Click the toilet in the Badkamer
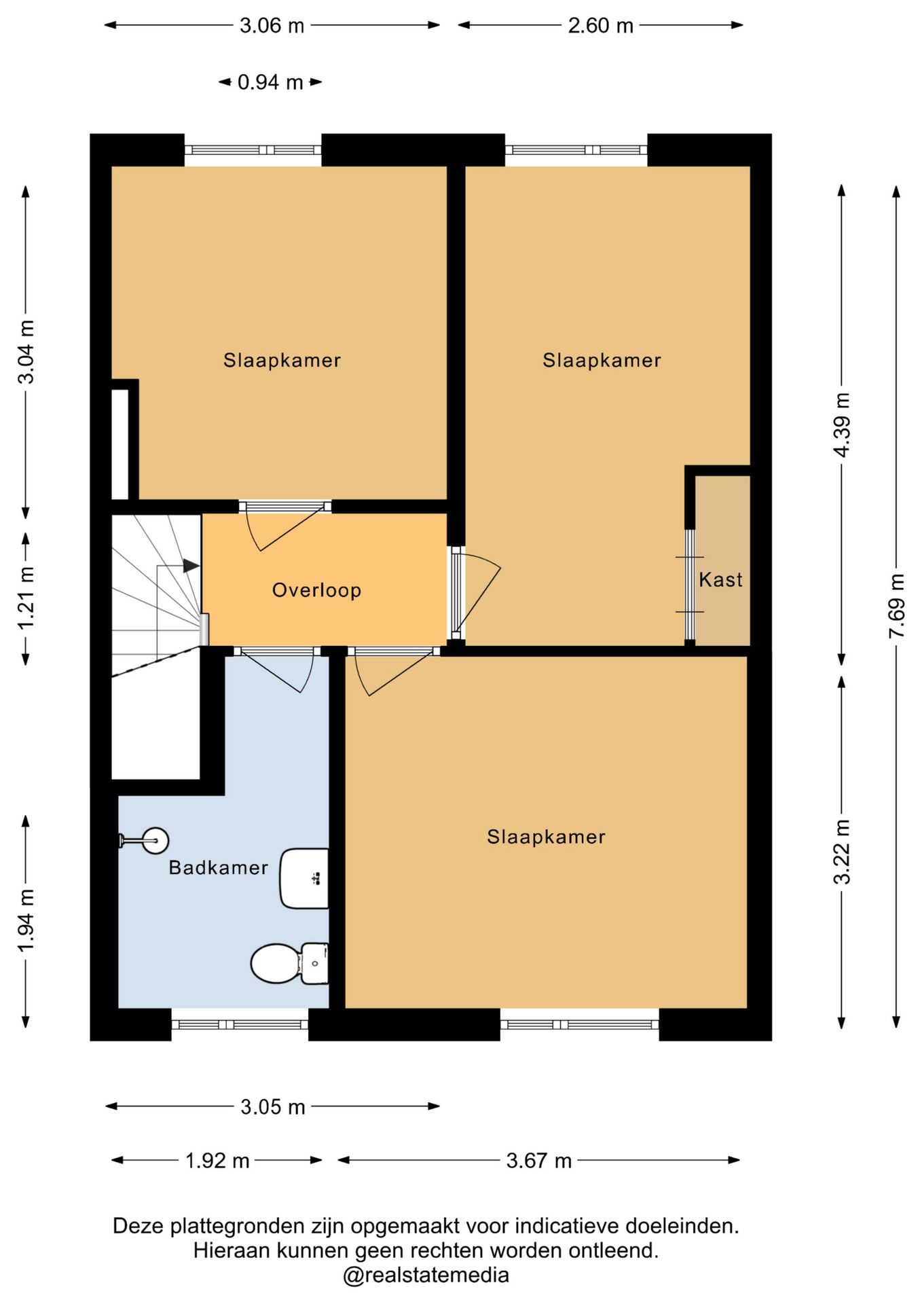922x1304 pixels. [290, 963]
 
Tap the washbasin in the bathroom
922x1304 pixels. [304, 878]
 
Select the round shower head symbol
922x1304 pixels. [155, 841]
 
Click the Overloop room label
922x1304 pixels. [316, 590]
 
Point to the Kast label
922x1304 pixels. [720, 579]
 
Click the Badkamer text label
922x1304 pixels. [218, 867]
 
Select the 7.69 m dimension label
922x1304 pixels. [897, 606]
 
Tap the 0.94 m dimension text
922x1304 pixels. [270, 82]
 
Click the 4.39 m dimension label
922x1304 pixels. [842, 425]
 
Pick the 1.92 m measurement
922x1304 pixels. [217, 1160]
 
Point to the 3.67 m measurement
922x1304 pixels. [539, 1160]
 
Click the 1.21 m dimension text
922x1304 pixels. [26, 598]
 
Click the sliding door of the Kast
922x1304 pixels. [690, 585]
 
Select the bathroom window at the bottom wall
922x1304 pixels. [240, 1024]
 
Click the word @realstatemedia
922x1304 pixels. [426, 1275]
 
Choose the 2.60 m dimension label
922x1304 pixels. [600, 26]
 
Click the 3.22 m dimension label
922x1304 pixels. [842, 852]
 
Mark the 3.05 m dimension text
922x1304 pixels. [273, 1107]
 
